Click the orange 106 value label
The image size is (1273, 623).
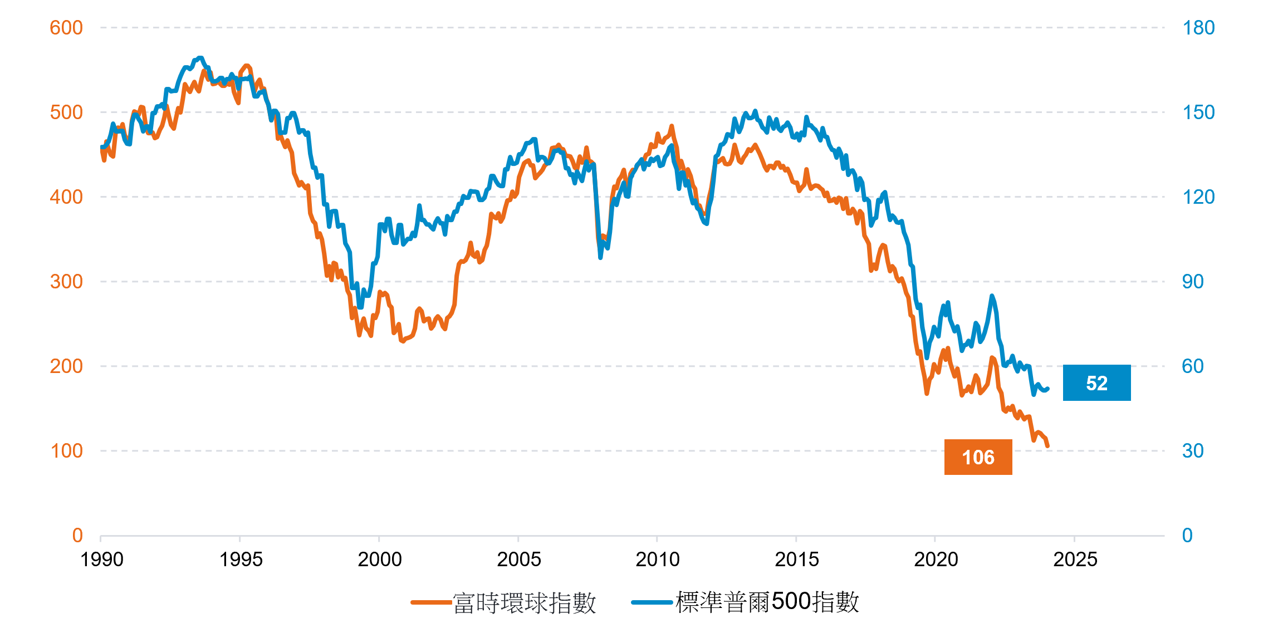click(x=978, y=457)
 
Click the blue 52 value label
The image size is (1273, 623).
click(x=1096, y=383)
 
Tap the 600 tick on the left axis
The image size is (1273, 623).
click(x=66, y=28)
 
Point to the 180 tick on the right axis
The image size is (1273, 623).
click(x=1198, y=28)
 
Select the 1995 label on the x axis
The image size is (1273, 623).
click(x=241, y=559)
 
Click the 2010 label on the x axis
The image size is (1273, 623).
click(x=658, y=559)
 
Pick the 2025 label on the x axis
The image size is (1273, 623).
click(x=1075, y=559)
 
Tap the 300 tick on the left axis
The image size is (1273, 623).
click(x=66, y=282)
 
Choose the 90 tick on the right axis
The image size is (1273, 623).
click(x=1193, y=282)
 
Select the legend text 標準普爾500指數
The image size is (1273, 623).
click(x=767, y=602)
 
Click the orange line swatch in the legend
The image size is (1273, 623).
click(x=431, y=602)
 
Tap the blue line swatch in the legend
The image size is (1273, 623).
click(x=652, y=602)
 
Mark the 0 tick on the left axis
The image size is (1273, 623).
click(x=77, y=536)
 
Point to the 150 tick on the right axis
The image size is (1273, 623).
click(x=1198, y=112)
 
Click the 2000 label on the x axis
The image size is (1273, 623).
click(x=380, y=559)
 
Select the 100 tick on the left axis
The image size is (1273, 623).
click(x=66, y=451)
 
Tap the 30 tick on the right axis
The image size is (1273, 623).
click(x=1193, y=451)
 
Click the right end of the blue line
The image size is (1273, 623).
click(x=1048, y=389)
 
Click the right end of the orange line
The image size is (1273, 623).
click(x=1048, y=446)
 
